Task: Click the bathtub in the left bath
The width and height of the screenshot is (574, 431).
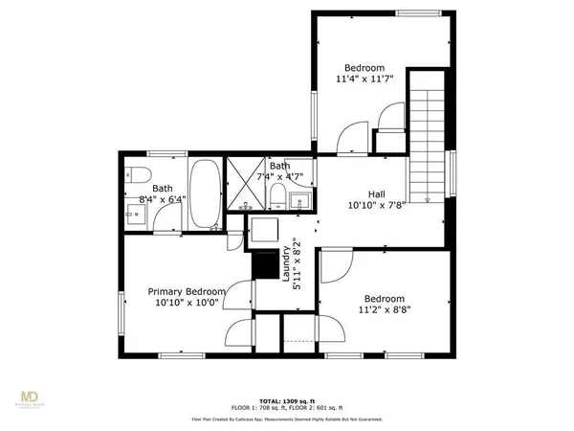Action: pyautogui.click(x=203, y=195)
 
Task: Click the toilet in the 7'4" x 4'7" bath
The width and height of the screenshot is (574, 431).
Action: pyautogui.click(x=276, y=197)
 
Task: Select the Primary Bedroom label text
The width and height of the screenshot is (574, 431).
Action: pyautogui.click(x=187, y=291)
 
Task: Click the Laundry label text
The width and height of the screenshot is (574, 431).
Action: pyautogui.click(x=285, y=264)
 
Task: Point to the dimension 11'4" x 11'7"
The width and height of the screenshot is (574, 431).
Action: pyautogui.click(x=364, y=80)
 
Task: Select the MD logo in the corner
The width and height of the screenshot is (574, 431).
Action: pyautogui.click(x=33, y=397)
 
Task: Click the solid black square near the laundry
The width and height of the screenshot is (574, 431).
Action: pyautogui.click(x=262, y=264)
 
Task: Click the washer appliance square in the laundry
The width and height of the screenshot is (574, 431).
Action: pyautogui.click(x=262, y=230)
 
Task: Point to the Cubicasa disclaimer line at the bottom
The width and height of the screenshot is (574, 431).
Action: pyautogui.click(x=287, y=418)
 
